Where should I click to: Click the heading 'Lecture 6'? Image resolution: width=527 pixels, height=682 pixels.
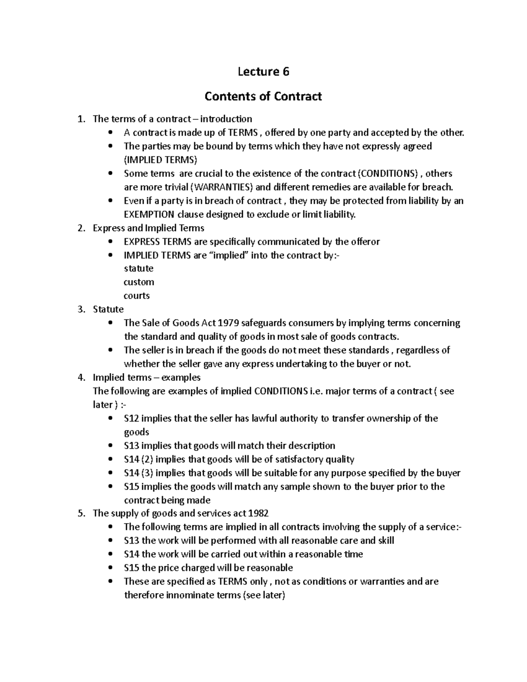tap(263, 72)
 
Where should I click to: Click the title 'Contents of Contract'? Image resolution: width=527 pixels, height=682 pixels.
tap(263, 96)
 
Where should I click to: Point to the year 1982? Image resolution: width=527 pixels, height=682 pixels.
tap(258, 513)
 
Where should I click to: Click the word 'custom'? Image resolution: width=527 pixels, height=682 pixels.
tap(139, 282)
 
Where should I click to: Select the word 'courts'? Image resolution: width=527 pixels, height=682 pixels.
tap(137, 296)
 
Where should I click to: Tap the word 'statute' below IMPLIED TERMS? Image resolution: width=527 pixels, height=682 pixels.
tap(139, 268)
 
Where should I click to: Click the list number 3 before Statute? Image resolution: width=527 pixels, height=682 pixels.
tap(81, 310)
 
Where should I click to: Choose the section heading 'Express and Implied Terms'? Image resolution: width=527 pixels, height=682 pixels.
tap(148, 228)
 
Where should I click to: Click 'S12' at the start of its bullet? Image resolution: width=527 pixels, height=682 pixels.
tap(131, 419)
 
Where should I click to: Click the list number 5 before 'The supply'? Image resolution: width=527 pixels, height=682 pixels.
tap(81, 513)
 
